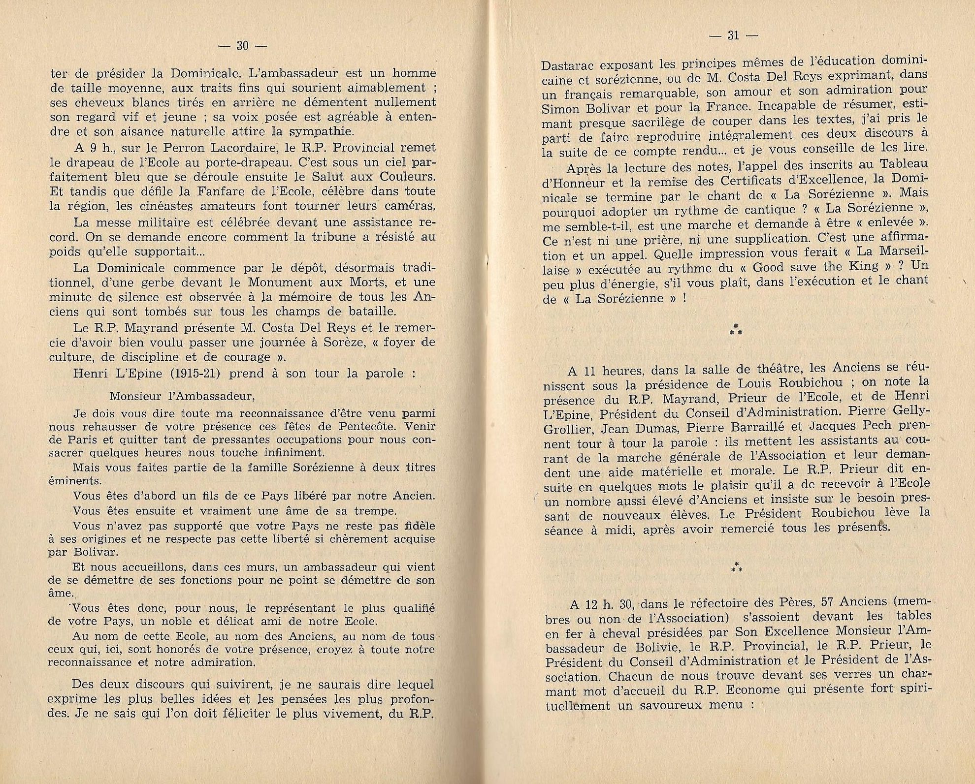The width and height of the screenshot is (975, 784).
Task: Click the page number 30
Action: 242,46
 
